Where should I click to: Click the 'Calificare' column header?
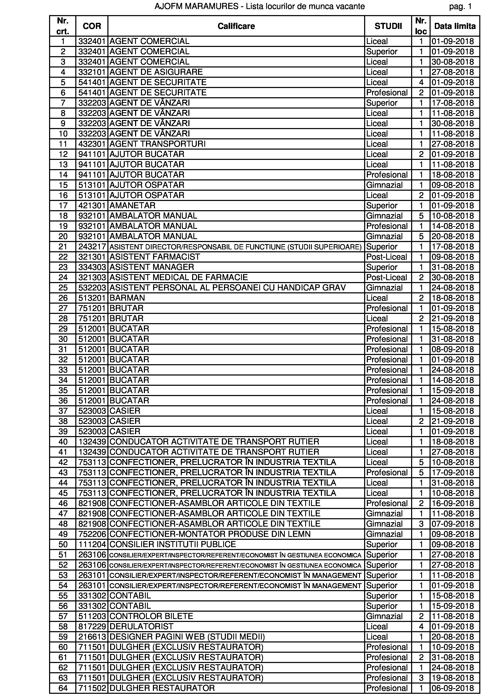tap(236, 26)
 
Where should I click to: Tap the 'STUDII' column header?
tap(388, 26)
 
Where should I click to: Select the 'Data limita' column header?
tap(455, 26)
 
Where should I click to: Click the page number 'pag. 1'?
tap(460, 6)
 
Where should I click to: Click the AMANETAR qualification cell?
tap(132, 206)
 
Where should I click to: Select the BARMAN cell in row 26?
tap(127, 298)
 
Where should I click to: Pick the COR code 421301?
tap(92, 206)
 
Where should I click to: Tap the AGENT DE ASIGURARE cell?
tap(156, 72)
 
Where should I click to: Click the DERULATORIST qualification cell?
tap(141, 626)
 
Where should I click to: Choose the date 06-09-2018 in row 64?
tap(453, 688)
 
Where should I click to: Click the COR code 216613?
tap(92, 637)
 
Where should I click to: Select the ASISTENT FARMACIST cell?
tap(155, 257)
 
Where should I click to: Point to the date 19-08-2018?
tap(453, 678)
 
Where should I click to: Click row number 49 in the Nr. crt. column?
tap(63, 534)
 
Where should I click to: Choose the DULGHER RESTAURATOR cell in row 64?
tap(162, 688)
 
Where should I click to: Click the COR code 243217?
tap(92, 247)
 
